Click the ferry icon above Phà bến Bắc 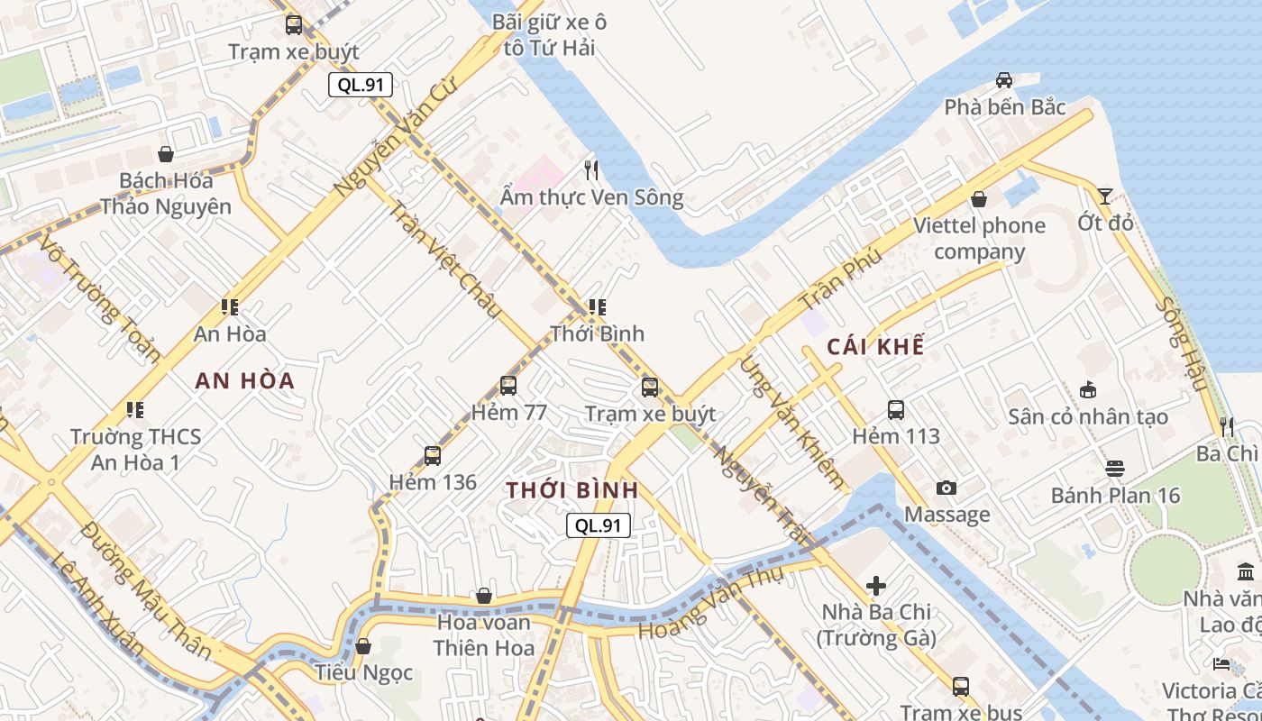pos(1004,80)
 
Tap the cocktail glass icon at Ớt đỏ pos(1105,196)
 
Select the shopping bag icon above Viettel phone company pos(979,199)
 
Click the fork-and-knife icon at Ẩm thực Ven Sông pos(591,169)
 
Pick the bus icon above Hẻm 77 pos(508,386)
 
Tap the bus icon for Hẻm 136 pos(433,455)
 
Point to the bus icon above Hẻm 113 pos(896,410)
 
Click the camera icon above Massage pos(946,488)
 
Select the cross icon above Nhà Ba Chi pos(875,586)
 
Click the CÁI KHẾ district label pos(875,347)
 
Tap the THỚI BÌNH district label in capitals pos(572,490)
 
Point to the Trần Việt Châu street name pos(444,260)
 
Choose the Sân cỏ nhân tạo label pos(1088,416)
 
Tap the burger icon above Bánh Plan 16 pos(1115,469)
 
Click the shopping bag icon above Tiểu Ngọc pos(363,646)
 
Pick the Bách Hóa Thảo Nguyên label pos(166,193)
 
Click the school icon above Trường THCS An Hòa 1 pos(135,410)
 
